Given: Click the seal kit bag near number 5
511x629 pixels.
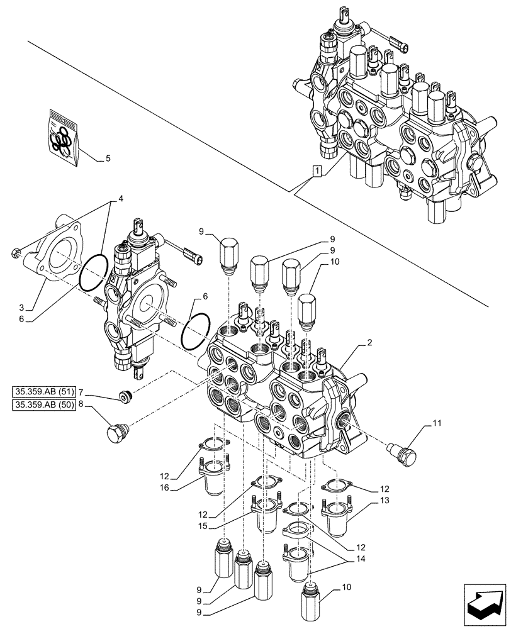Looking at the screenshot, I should (x=63, y=138).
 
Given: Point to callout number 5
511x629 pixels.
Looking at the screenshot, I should (x=108, y=159).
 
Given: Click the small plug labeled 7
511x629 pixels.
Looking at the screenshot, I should (x=126, y=396).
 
